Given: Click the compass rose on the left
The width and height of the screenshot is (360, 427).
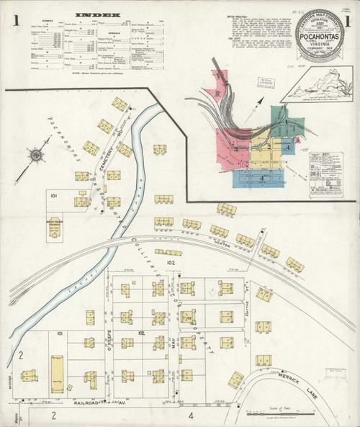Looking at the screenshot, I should [x=35, y=156].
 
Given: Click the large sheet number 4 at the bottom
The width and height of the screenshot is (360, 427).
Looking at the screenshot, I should [x=191, y=415].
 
